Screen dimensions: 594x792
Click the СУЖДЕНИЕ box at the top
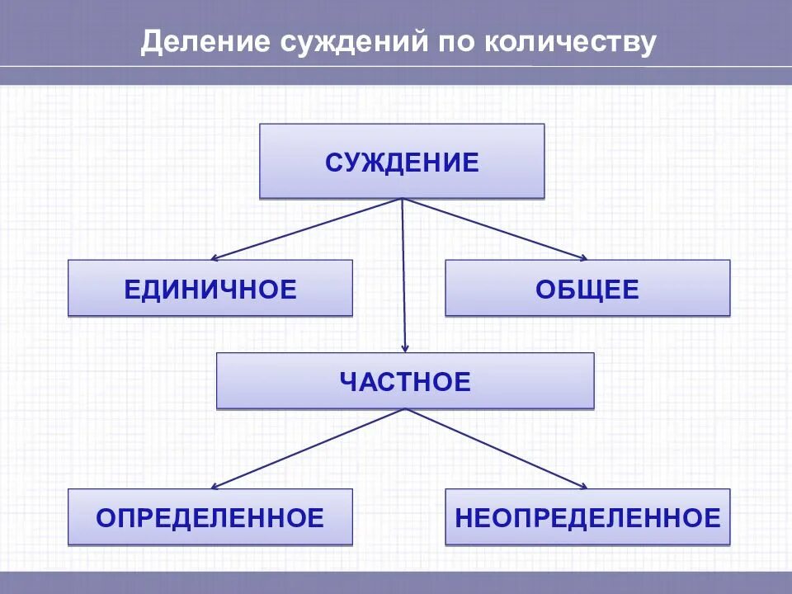pyautogui.click(x=402, y=162)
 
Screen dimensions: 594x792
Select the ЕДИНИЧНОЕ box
pyautogui.click(x=210, y=289)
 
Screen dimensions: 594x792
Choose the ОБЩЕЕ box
pyautogui.click(x=587, y=289)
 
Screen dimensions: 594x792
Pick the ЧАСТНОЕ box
pyautogui.click(x=405, y=381)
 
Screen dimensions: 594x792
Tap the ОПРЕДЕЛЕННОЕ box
pyautogui.click(x=210, y=517)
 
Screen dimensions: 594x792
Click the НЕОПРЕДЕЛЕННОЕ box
pyautogui.click(x=587, y=517)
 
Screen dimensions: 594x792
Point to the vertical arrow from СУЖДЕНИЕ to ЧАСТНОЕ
pyautogui.click(x=404, y=272)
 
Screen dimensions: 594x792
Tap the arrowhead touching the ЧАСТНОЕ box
pyautogui.click(x=405, y=347)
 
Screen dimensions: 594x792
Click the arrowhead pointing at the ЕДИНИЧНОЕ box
pyautogui.click(x=216, y=257)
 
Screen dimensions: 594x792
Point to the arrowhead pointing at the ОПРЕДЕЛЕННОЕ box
pyautogui.click(x=216, y=486)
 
